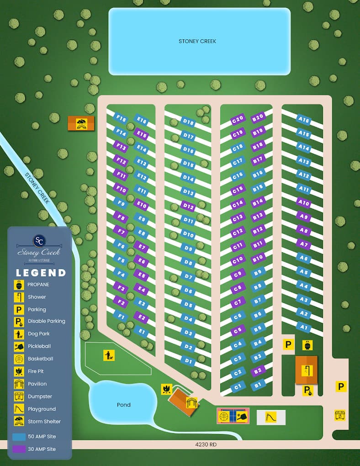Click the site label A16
pyautogui.click(x=304, y=121)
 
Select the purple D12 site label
pyautogui.click(x=188, y=206)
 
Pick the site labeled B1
pyautogui.click(x=259, y=385)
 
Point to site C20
pyautogui.click(x=238, y=120)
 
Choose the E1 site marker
pyautogui.click(x=142, y=331)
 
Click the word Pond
pyautogui.click(x=123, y=405)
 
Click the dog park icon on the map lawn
pyautogui.click(x=109, y=355)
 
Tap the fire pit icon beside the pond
pyautogui.click(x=166, y=389)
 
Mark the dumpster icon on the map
pyautogui.click(x=339, y=415)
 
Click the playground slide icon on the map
pyautogui.click(x=271, y=417)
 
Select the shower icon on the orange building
pyautogui.click(x=309, y=369)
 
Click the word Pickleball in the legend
pyautogui.click(x=39, y=346)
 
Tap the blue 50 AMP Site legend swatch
pyautogui.click(x=19, y=437)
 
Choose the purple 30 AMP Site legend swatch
pyautogui.click(x=19, y=449)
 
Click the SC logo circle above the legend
pyautogui.click(x=39, y=240)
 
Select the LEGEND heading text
pyautogui.click(x=41, y=273)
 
